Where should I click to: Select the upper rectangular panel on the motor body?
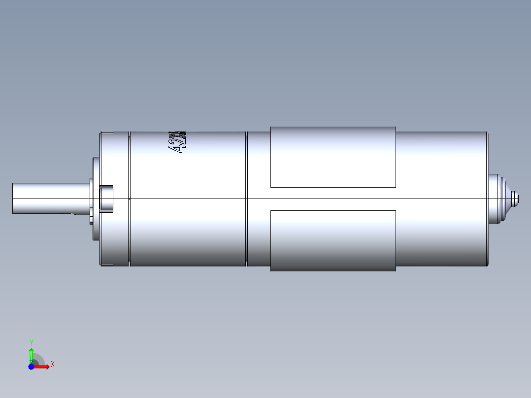point(333,157)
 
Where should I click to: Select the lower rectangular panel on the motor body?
point(333,240)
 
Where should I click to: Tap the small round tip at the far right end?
point(516,199)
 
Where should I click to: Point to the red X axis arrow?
point(42,367)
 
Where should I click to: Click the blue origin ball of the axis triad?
point(31,367)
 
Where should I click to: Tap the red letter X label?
point(53,365)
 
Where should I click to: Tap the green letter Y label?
point(31,342)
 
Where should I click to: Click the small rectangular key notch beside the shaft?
point(106,199)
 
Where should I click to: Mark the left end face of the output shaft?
point(13,198)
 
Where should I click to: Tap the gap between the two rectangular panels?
point(333,199)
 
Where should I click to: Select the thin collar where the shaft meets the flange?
point(91,199)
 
